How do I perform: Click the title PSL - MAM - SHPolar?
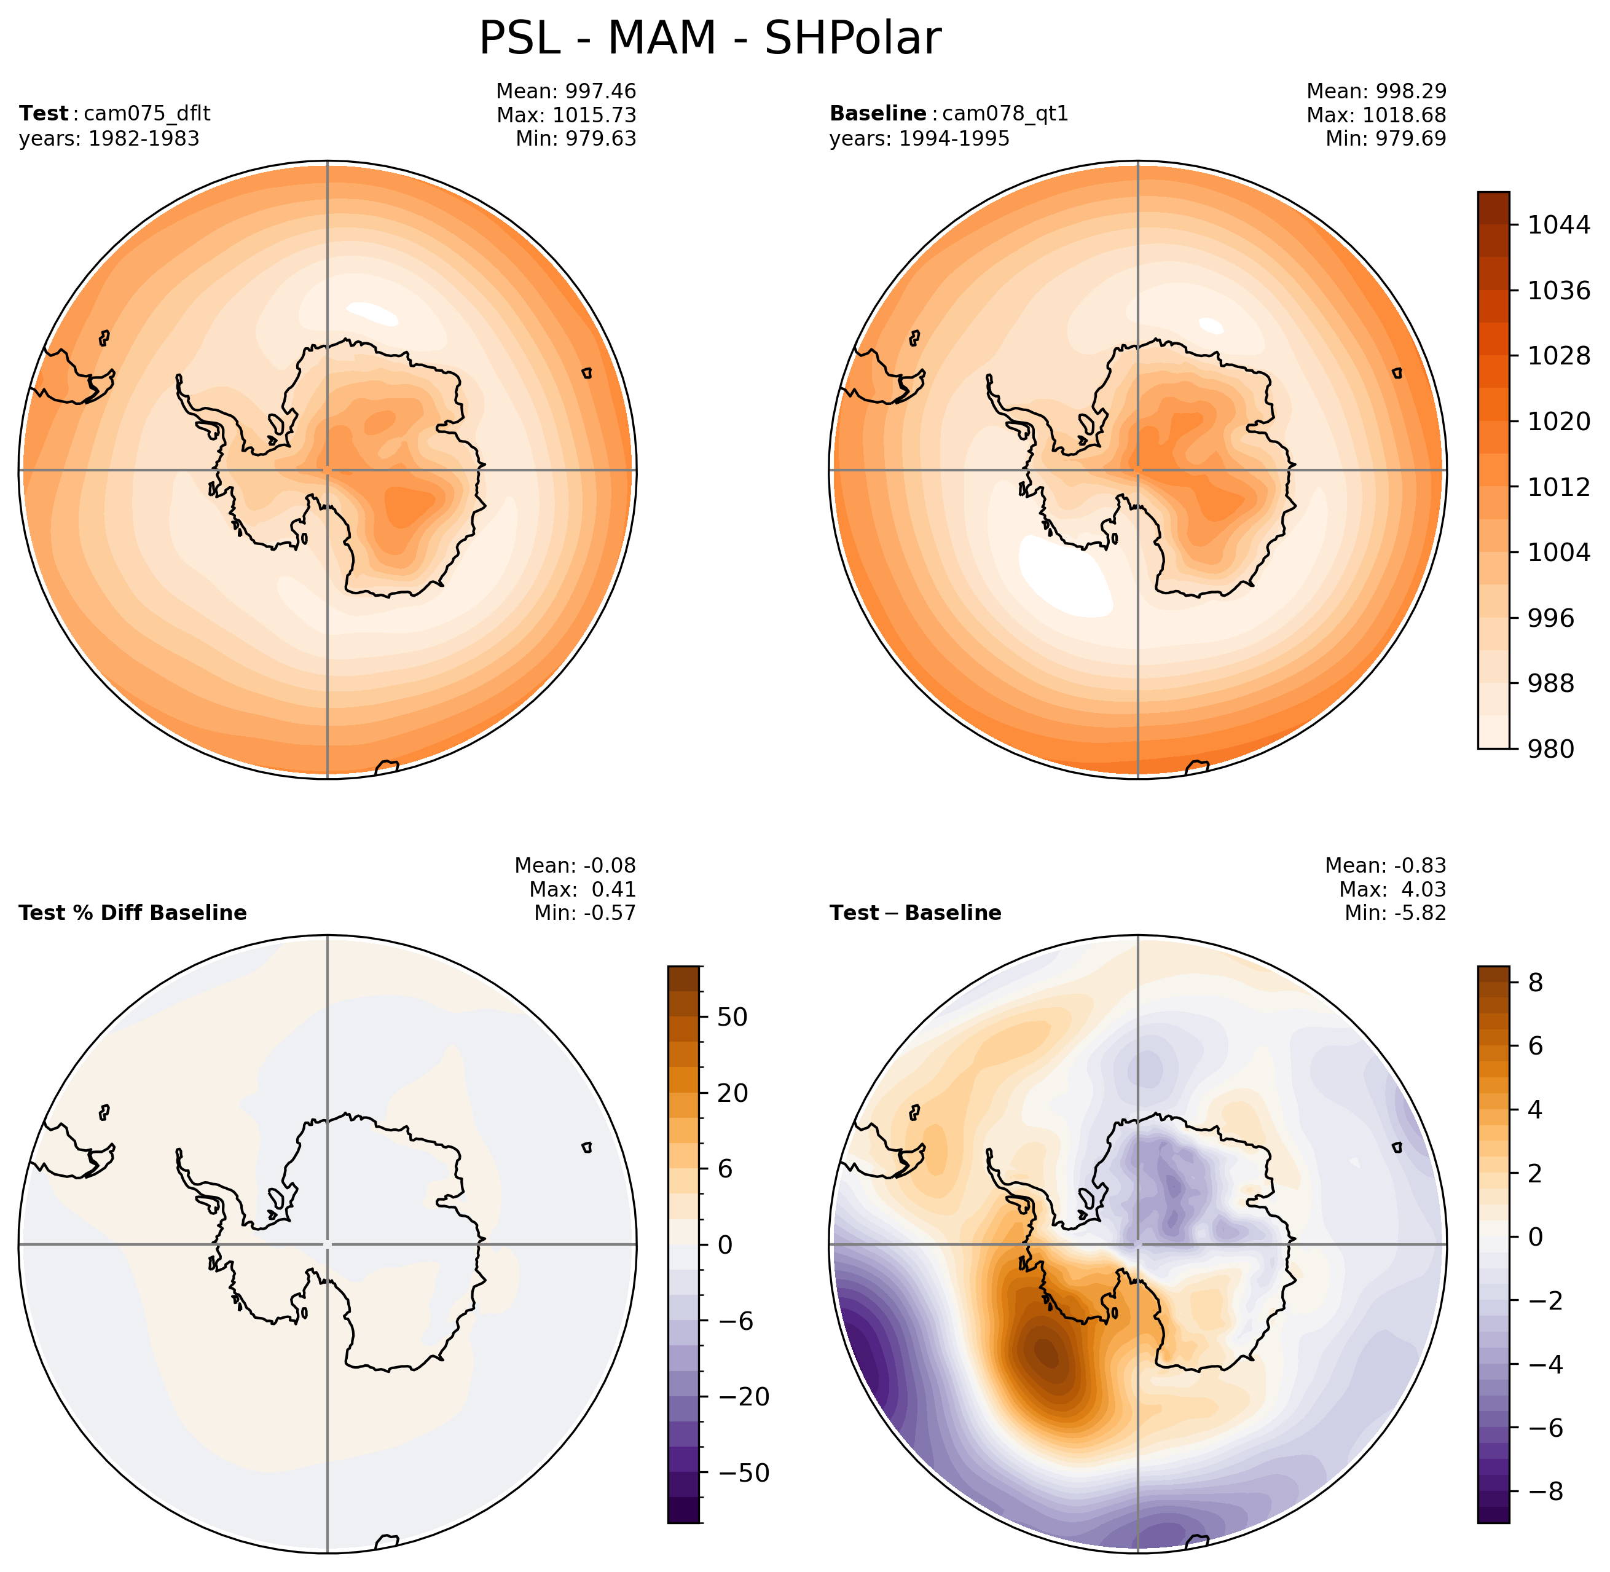pyautogui.click(x=709, y=39)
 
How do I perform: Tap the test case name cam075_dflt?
pyautogui.click(x=147, y=114)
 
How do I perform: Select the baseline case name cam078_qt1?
pyautogui.click(x=1005, y=114)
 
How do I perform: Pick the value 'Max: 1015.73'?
pyautogui.click(x=567, y=115)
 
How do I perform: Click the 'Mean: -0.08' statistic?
pyautogui.click(x=575, y=865)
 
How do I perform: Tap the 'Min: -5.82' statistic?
pyautogui.click(x=1396, y=913)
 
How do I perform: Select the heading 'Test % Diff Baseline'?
pyautogui.click(x=132, y=913)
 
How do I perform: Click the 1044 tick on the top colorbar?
pyautogui.click(x=1558, y=224)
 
